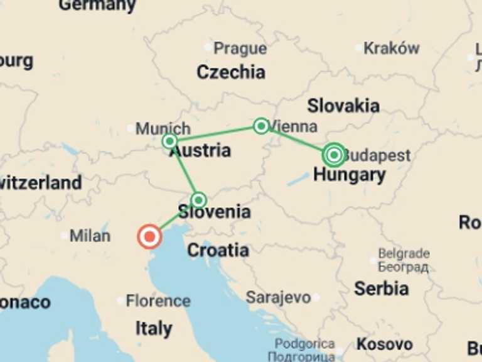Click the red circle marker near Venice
[x=149, y=237]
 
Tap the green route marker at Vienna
[x=261, y=126]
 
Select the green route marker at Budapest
[x=334, y=155]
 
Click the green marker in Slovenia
[x=198, y=200]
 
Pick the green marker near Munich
[x=169, y=141]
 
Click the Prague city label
[x=240, y=48]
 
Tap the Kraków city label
[x=391, y=48]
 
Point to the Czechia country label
[x=231, y=72]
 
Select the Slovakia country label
[x=343, y=105]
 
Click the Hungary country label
[x=350, y=175]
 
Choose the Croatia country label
[x=218, y=250]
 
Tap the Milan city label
[x=90, y=236]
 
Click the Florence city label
[x=158, y=301]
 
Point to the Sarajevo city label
[x=278, y=297]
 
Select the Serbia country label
[x=381, y=288]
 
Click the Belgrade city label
[x=404, y=254]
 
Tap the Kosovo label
[x=385, y=344]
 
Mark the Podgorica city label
[x=304, y=344]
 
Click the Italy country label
[x=154, y=328]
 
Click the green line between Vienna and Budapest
[x=296, y=140]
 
